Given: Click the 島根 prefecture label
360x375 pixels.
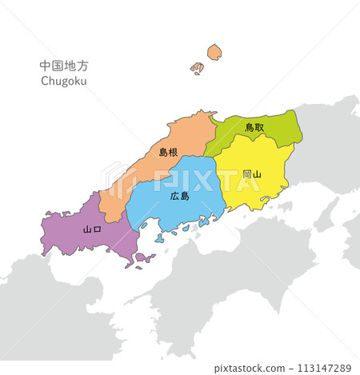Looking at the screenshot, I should point(168,151).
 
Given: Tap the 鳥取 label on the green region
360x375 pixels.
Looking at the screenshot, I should point(255,127).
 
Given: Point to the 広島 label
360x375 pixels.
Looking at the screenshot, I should point(180,196).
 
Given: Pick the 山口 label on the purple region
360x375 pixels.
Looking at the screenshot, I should point(93,229).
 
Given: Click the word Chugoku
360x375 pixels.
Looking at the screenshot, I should point(63,81).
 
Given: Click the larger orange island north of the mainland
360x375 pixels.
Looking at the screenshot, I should point(214,53).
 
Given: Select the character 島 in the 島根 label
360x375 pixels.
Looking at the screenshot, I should point(163,151).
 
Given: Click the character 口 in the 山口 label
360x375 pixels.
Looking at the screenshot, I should point(98,229).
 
